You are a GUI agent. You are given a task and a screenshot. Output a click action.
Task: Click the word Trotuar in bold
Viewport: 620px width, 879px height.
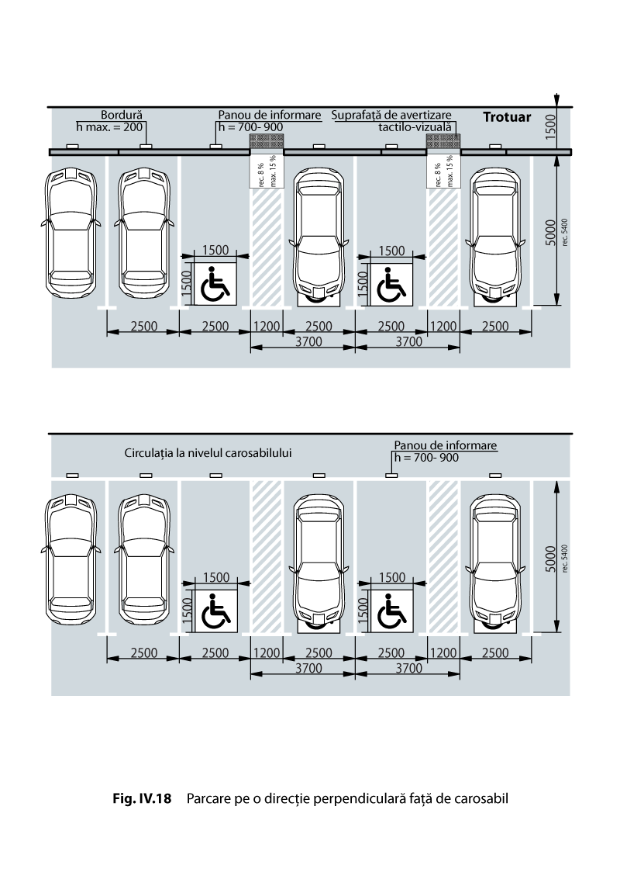pyautogui.click(x=507, y=117)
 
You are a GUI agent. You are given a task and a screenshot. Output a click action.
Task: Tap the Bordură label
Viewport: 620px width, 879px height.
pyautogui.click(x=122, y=116)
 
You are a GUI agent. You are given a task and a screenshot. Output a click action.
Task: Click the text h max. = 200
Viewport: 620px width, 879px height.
pyautogui.click(x=110, y=127)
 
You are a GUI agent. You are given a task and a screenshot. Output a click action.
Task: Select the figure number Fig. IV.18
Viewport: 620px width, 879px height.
pyautogui.click(x=142, y=798)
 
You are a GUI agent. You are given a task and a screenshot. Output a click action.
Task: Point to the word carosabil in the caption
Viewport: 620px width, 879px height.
pyautogui.click(x=481, y=798)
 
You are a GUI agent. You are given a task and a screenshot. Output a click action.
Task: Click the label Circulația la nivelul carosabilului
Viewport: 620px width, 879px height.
pyautogui.click(x=208, y=453)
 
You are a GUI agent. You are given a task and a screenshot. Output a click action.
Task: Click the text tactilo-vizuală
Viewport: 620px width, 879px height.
pyautogui.click(x=415, y=127)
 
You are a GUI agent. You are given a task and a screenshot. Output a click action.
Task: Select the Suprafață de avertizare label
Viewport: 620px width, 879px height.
pyautogui.click(x=391, y=116)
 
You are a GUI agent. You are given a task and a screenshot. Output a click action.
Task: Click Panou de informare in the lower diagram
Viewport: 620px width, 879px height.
pyautogui.click(x=446, y=445)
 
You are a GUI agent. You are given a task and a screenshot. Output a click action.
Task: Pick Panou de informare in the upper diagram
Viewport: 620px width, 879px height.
pyautogui.click(x=270, y=115)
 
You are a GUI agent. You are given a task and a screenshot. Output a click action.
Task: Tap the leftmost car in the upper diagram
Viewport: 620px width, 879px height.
pyautogui.click(x=71, y=233)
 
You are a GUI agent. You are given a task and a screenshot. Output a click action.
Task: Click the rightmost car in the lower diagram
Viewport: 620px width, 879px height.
pyautogui.click(x=495, y=561)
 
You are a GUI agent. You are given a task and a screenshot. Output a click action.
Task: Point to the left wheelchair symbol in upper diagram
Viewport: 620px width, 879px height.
pyautogui.click(x=215, y=282)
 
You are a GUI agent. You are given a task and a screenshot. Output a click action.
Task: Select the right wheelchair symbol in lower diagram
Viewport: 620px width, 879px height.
pyautogui.click(x=391, y=611)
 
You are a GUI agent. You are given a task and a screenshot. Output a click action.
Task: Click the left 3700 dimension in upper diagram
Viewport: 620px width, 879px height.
pyautogui.click(x=308, y=341)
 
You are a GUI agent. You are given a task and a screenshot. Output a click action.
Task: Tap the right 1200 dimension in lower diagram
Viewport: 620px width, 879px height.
pyautogui.click(x=443, y=653)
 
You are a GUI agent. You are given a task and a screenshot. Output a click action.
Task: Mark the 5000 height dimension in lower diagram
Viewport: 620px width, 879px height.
pyautogui.click(x=550, y=559)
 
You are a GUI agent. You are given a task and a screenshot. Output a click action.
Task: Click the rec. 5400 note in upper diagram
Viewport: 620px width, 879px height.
pyautogui.click(x=564, y=233)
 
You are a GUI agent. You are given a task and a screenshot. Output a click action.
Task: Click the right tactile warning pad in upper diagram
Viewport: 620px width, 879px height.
pyautogui.click(x=443, y=140)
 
